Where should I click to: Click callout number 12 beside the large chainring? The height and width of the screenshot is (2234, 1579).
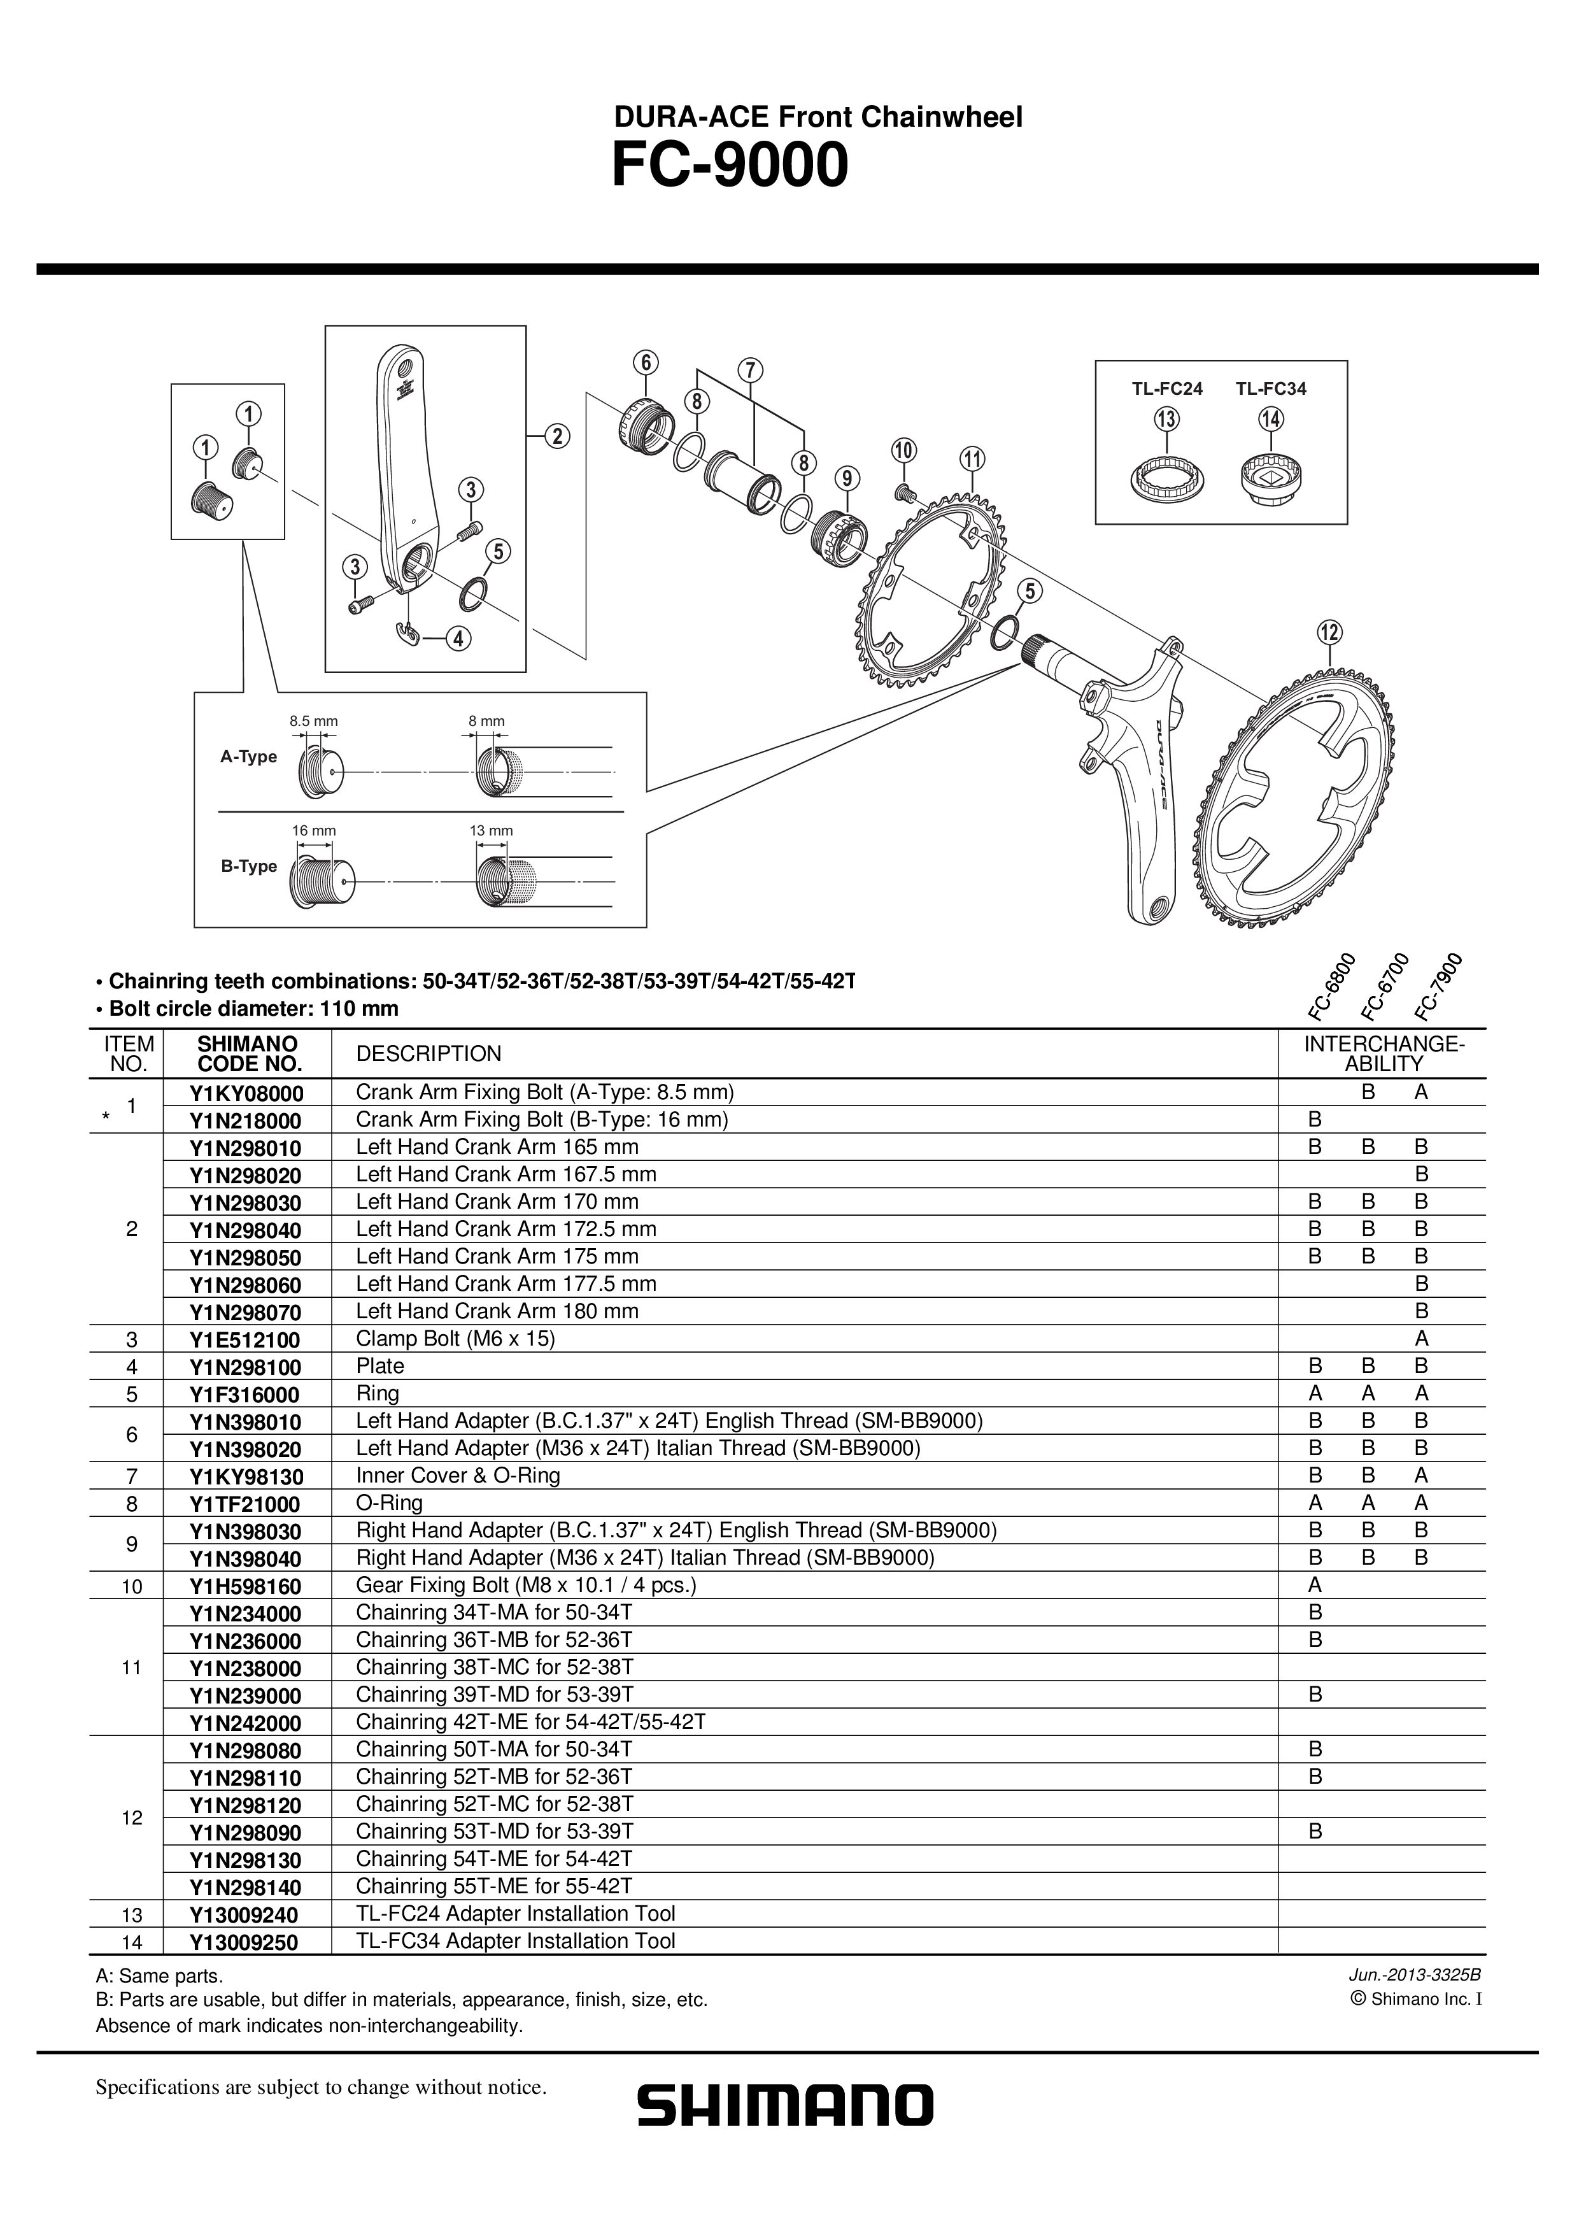pyautogui.click(x=1329, y=632)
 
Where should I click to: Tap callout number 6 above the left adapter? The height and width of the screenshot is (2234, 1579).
pyautogui.click(x=645, y=362)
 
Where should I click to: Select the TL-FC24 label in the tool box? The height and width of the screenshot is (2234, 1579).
pyautogui.click(x=1166, y=389)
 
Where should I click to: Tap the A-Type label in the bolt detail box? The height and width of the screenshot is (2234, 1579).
pyautogui.click(x=248, y=757)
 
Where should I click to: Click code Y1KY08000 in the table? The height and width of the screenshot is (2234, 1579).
pyautogui.click(x=246, y=1093)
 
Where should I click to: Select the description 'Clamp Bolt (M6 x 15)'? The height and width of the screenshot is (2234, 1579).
pyautogui.click(x=455, y=1339)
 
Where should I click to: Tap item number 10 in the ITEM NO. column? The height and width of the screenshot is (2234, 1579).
pyautogui.click(x=131, y=1587)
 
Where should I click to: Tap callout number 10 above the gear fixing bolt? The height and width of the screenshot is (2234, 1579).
pyautogui.click(x=903, y=450)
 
